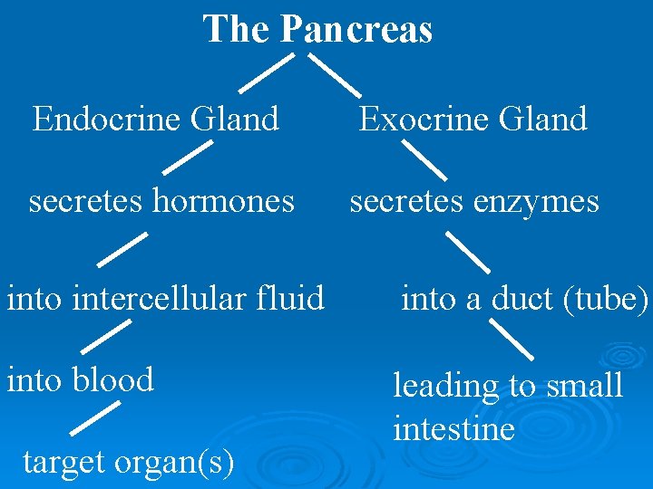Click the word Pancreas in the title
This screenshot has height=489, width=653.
(x=356, y=29)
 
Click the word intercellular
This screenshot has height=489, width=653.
(x=166, y=296)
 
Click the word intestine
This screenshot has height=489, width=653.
(x=453, y=427)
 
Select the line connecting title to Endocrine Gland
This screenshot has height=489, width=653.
(x=266, y=72)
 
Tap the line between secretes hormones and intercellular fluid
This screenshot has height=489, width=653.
(x=122, y=248)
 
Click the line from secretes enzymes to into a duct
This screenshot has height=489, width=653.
(x=467, y=253)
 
